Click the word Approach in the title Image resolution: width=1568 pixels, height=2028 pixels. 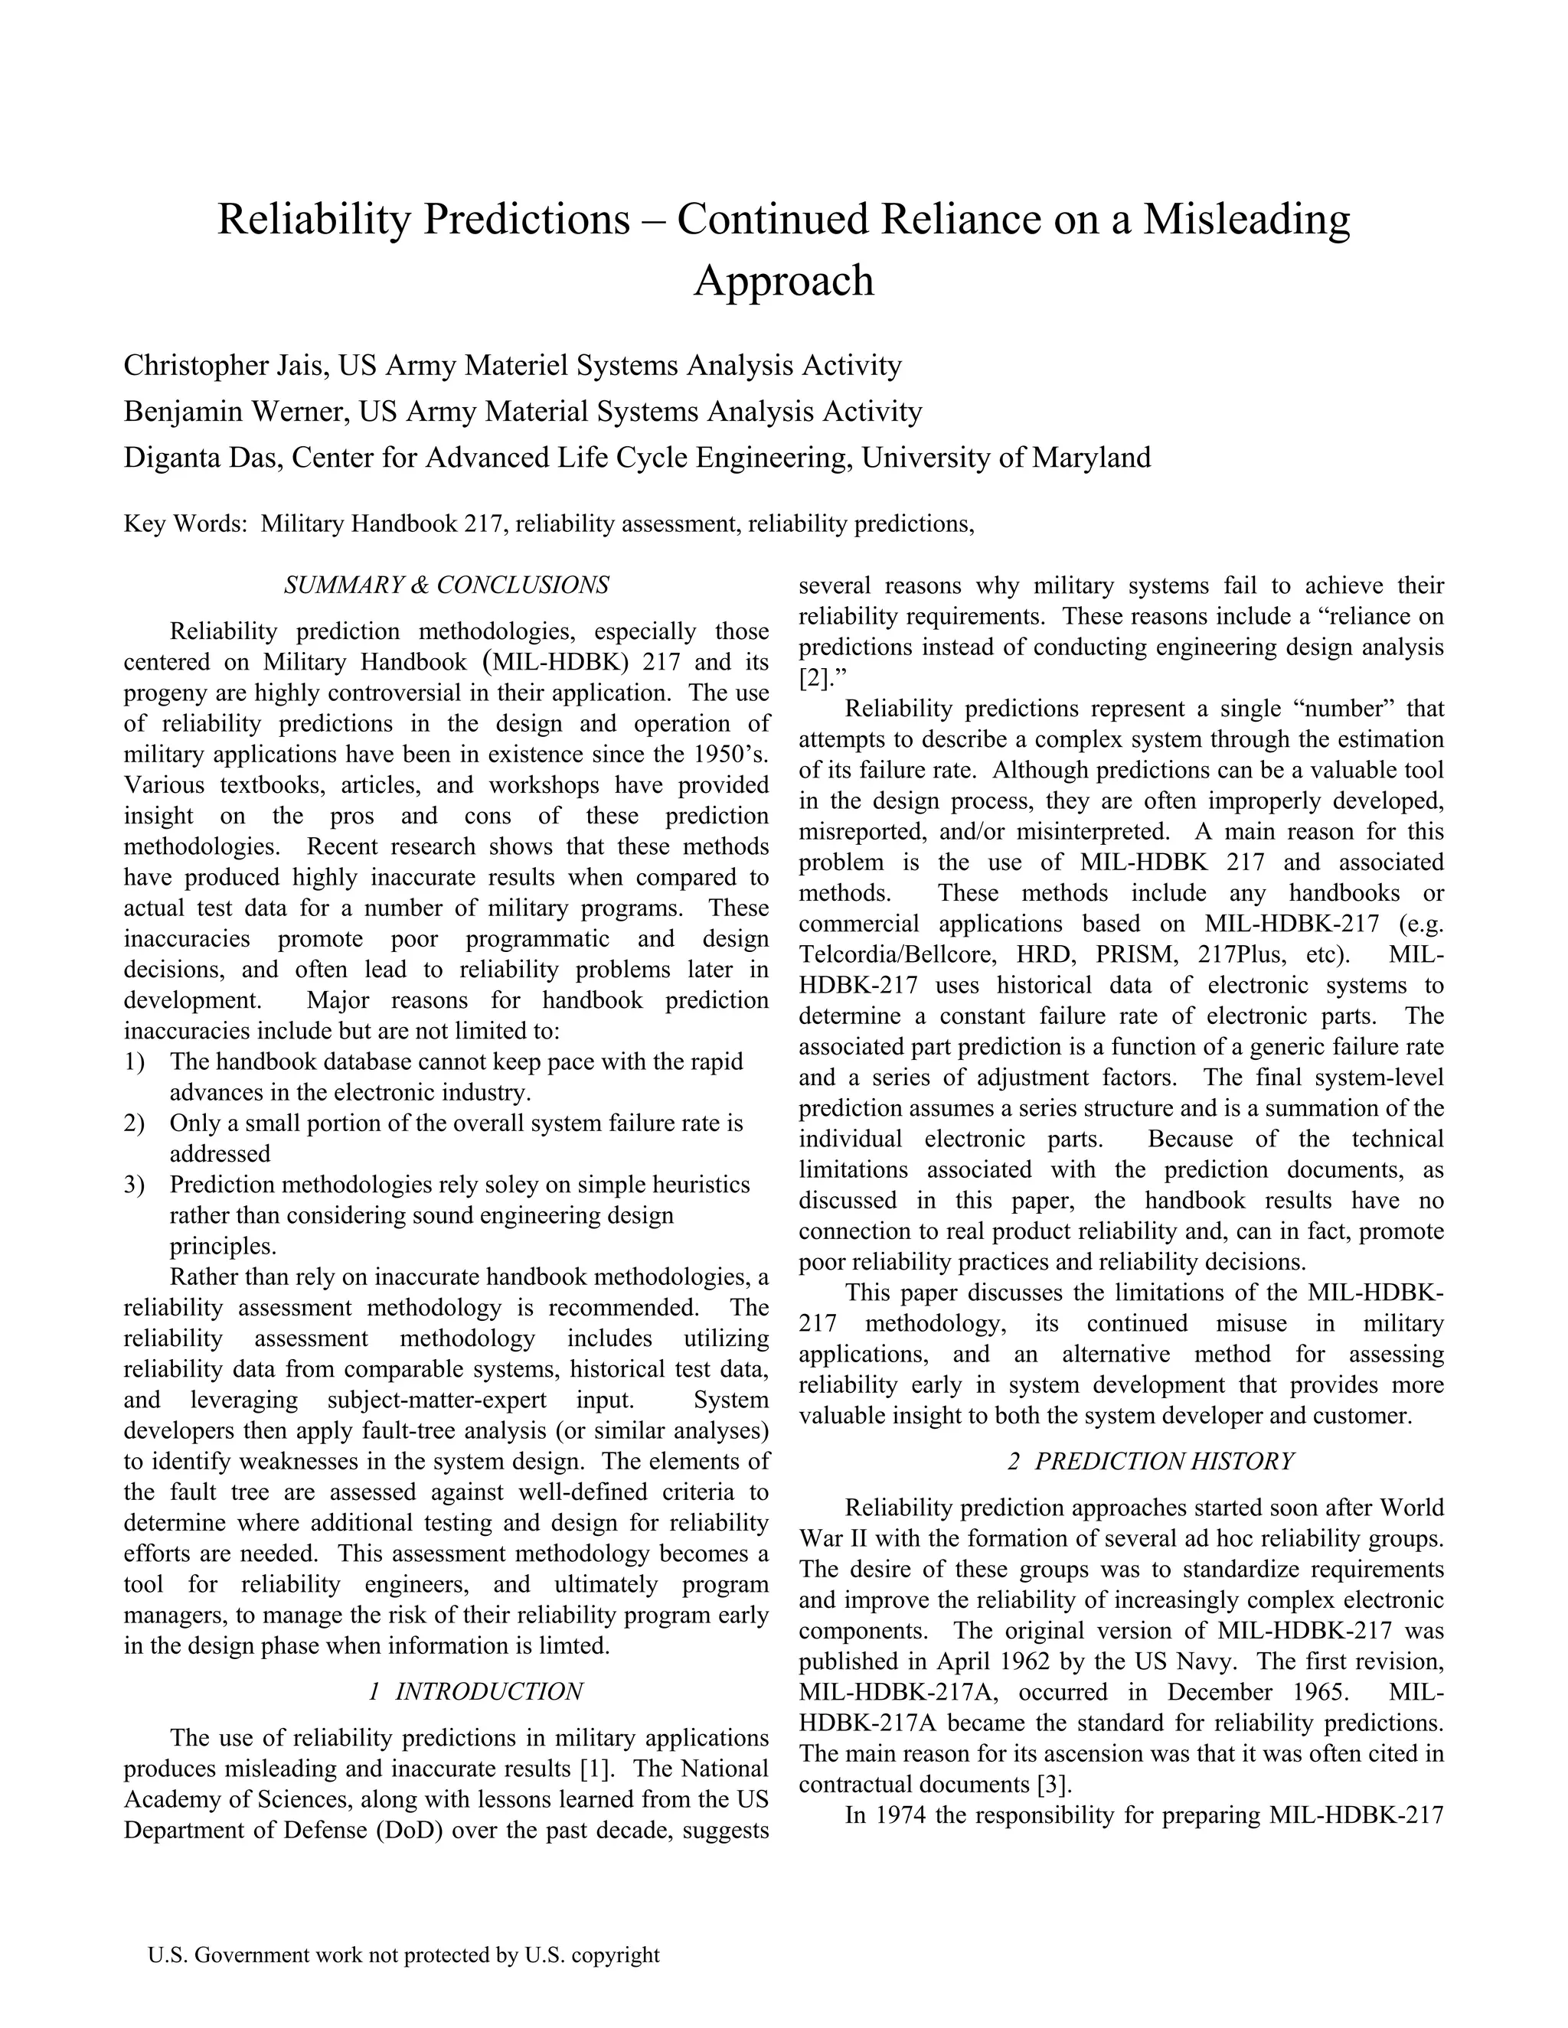784,280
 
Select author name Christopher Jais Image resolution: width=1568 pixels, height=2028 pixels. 224,366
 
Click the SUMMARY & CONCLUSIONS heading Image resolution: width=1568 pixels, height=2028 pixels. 447,585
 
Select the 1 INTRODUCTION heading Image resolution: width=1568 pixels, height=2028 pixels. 475,1692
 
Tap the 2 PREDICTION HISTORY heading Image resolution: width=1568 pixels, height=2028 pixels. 1151,1462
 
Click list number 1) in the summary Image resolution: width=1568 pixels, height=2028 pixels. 134,1061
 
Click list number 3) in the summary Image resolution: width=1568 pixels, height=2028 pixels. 134,1185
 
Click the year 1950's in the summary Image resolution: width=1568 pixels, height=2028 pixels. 731,754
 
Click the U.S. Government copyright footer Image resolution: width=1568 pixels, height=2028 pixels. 403,1955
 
